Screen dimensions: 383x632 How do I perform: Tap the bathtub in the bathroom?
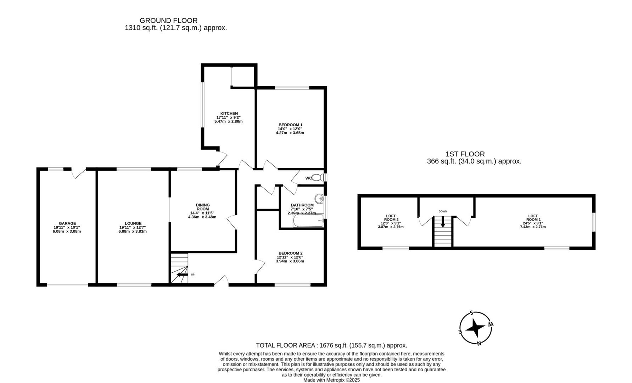click(308, 221)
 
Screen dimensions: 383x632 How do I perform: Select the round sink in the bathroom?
click(319, 199)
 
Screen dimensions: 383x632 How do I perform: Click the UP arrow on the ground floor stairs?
click(182, 274)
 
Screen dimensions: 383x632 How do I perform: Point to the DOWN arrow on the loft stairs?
click(443, 222)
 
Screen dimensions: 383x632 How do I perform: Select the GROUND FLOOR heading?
click(168, 21)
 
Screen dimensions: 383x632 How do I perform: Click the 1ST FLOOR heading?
click(465, 154)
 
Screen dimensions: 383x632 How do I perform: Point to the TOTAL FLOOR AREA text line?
click(331, 345)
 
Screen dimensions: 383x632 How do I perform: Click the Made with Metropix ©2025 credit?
click(331, 380)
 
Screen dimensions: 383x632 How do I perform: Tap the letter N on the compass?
click(479, 343)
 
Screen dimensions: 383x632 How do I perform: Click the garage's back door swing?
click(79, 173)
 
